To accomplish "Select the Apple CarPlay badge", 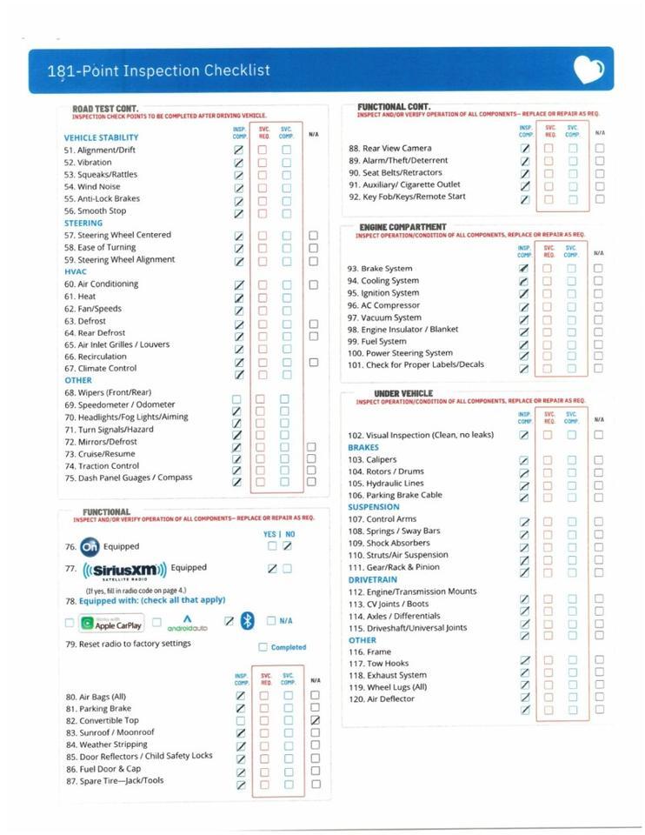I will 111,623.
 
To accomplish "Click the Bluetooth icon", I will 248,620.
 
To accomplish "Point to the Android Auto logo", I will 187,622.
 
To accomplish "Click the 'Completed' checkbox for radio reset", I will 263,647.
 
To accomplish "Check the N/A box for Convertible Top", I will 316,720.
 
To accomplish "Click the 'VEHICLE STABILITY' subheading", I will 101,137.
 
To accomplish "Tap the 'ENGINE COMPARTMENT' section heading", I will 402,227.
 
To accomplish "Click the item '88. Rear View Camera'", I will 390,149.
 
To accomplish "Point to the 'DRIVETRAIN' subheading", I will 373,579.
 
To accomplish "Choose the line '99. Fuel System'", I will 377,341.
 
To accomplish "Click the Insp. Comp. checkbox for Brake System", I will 524,270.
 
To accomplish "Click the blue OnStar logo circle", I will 90,547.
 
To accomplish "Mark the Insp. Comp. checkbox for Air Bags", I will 241,696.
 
